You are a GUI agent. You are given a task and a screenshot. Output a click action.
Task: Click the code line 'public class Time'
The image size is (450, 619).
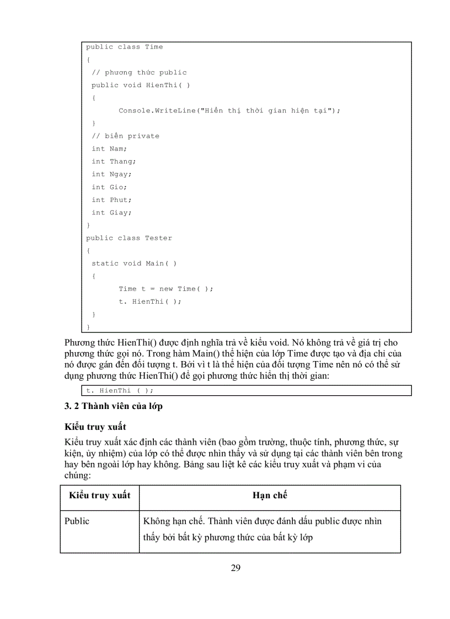click(x=124, y=47)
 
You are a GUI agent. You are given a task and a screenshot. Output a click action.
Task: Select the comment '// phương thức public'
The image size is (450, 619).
click(x=139, y=72)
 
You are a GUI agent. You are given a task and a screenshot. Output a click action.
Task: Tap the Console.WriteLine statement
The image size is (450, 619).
click(x=229, y=110)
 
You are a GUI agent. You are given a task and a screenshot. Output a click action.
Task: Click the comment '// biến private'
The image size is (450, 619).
click(x=125, y=136)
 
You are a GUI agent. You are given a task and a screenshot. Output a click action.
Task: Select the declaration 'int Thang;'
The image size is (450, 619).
click(x=114, y=161)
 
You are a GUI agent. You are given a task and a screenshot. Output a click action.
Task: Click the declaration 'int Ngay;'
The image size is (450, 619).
click(x=111, y=174)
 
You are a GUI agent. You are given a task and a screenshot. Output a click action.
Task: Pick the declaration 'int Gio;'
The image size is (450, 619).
click(x=109, y=187)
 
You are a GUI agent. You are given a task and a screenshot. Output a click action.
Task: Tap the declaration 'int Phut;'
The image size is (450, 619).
click(x=111, y=200)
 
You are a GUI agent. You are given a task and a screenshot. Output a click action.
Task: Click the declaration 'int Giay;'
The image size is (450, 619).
click(x=111, y=212)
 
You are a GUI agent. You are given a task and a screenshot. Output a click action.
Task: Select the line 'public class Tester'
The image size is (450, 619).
click(x=128, y=238)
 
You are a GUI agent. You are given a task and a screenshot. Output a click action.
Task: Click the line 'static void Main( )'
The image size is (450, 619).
click(x=134, y=263)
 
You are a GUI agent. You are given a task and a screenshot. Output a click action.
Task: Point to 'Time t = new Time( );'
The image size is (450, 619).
click(x=165, y=288)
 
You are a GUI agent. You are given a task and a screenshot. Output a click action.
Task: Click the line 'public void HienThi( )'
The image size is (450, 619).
click(x=141, y=85)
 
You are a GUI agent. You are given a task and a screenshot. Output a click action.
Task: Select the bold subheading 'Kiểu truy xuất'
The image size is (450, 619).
click(x=95, y=427)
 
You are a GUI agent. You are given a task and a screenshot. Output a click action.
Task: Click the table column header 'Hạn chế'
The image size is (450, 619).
click(x=270, y=495)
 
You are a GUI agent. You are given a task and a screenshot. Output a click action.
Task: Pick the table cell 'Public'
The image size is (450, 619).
click(x=77, y=521)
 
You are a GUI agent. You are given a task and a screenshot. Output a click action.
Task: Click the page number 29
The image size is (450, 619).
click(x=235, y=568)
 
